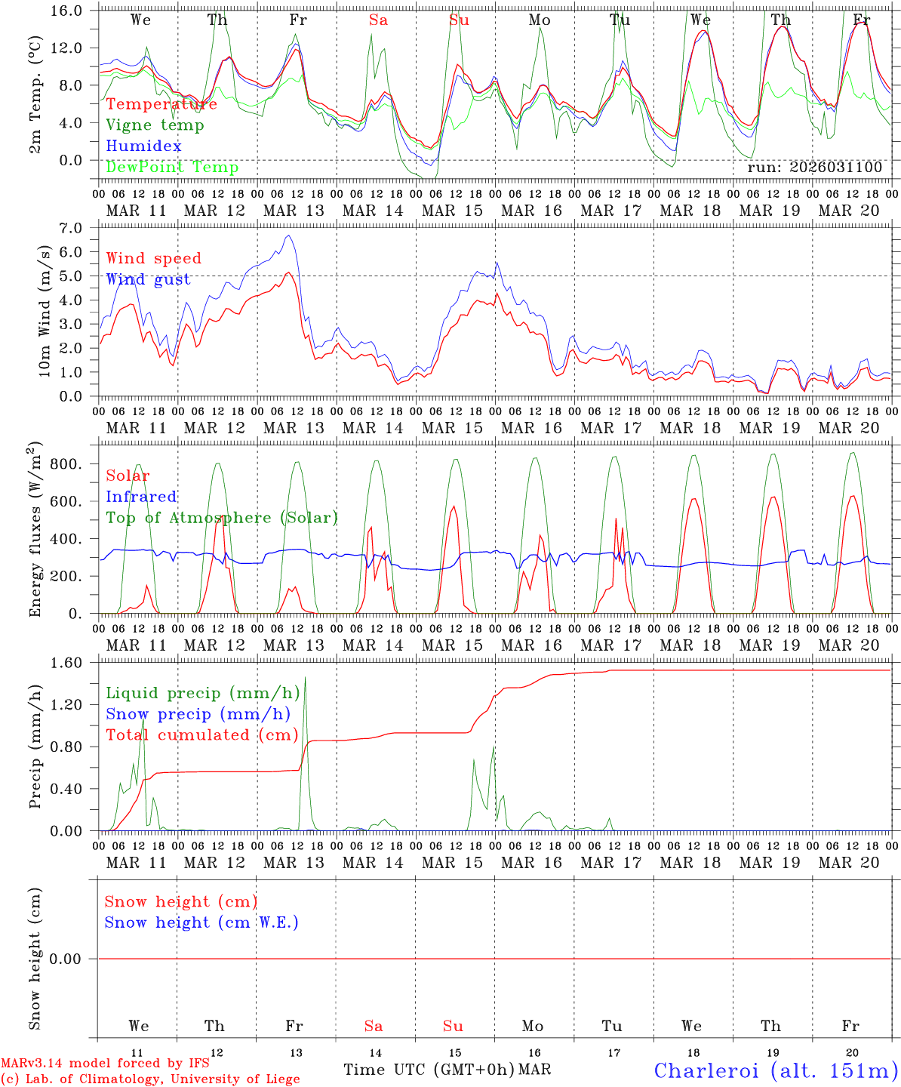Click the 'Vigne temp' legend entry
(155, 125)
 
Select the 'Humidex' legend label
(143, 146)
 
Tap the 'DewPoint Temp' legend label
(172, 168)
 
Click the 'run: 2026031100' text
(814, 168)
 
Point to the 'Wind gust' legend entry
(148, 279)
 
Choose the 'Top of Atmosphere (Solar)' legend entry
(221, 518)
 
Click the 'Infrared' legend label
(141, 497)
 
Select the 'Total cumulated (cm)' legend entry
(201, 735)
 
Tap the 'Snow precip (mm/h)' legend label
(198, 714)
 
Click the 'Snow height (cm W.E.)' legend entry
(201, 922)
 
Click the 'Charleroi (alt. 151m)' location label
(776, 1070)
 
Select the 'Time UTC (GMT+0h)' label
(429, 1070)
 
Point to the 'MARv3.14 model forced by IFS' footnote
(105, 1063)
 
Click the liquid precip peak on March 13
(305, 677)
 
